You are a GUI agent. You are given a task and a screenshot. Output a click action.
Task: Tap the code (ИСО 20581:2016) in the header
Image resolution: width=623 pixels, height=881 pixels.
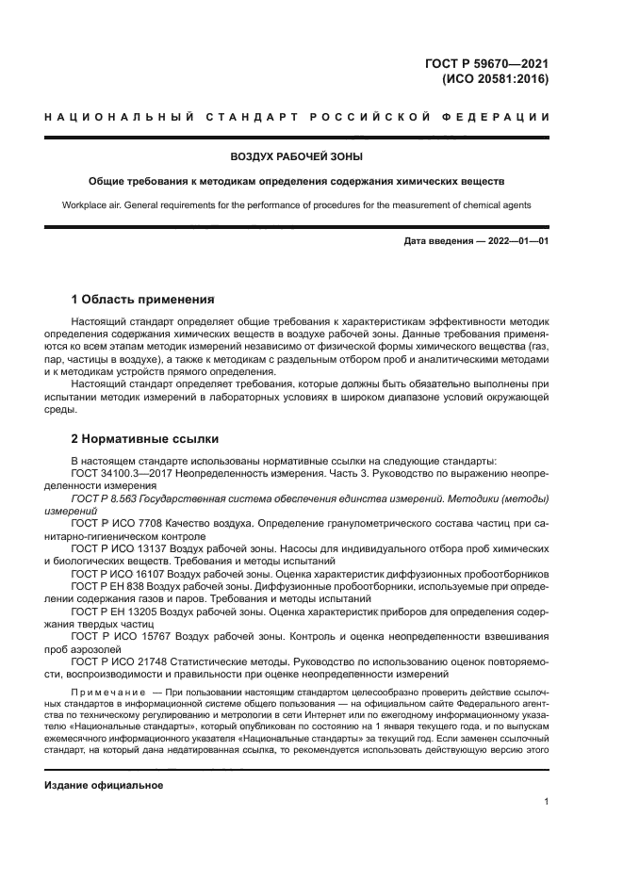(x=495, y=79)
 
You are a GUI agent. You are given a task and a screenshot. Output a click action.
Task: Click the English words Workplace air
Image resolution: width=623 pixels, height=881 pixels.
(x=95, y=204)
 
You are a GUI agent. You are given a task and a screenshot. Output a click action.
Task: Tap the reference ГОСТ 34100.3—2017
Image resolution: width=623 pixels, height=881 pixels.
(x=122, y=473)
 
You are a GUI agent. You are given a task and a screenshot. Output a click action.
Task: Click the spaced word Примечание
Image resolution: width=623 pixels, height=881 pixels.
(x=102, y=691)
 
